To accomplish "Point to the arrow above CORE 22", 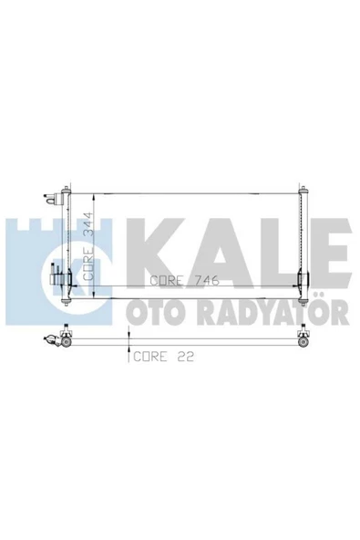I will click(130, 348).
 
